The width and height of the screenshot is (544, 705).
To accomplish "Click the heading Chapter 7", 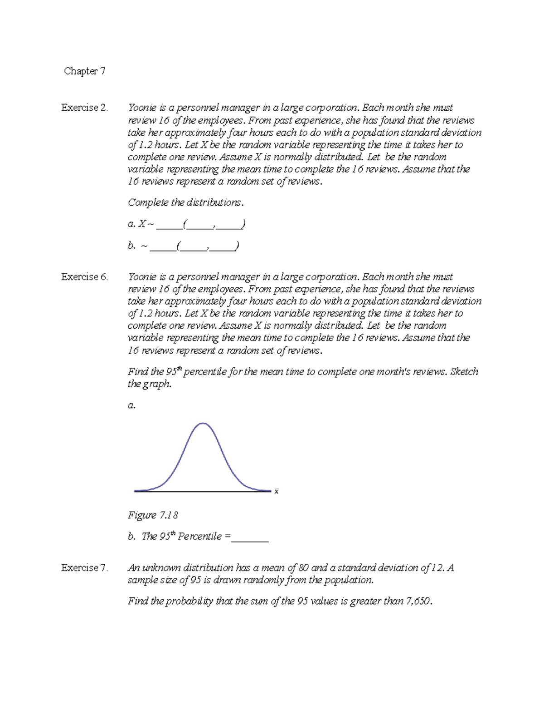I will click(x=85, y=71).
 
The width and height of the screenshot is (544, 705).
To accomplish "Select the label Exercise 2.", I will click(x=84, y=108).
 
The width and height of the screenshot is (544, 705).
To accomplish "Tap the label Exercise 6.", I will click(x=84, y=276).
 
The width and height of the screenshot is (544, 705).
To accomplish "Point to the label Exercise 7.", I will click(x=84, y=567).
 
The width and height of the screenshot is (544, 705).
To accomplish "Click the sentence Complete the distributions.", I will click(x=185, y=202).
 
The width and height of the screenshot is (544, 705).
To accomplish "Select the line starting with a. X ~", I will click(x=186, y=224).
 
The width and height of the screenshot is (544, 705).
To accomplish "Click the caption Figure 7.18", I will click(x=152, y=515).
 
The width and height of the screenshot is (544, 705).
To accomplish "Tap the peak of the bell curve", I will click(x=203, y=424).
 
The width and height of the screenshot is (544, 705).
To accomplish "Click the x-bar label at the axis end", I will click(x=277, y=491).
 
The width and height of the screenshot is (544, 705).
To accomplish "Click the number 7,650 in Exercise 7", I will click(x=418, y=601).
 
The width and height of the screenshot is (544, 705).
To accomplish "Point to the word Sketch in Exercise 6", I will click(x=464, y=371).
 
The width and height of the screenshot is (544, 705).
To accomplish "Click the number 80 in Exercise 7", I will click(x=303, y=567).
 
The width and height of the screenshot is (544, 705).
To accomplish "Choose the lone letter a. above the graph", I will click(x=131, y=405).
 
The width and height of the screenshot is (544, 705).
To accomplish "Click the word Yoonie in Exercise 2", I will click(x=142, y=108).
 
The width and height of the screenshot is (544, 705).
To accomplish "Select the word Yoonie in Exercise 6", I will click(x=142, y=276).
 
